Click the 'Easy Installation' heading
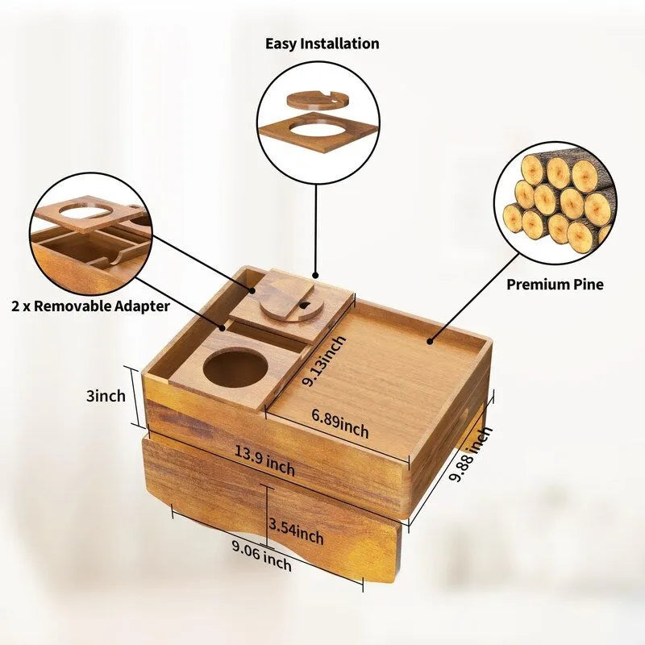322,44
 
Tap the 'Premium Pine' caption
555,285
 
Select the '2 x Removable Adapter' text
90,306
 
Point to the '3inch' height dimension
106,396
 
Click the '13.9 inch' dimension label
265,460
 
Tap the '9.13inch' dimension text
324,360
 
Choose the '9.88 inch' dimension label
471,454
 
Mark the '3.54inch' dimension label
296,531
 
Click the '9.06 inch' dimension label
261,556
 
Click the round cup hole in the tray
235,368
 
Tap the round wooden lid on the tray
292,305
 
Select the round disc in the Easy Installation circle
317,101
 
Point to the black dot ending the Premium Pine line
430,341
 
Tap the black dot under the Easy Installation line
315,275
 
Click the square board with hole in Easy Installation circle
318,132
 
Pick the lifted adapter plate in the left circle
89,214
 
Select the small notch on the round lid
305,306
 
